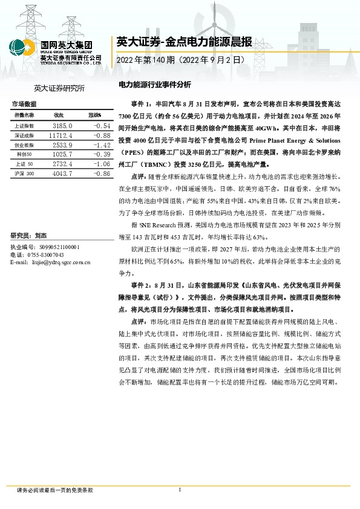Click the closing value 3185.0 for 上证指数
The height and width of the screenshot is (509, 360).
tap(62, 125)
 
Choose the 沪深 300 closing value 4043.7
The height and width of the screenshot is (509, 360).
tap(62, 173)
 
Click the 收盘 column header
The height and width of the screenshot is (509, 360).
tap(59, 115)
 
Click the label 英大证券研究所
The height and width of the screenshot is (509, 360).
tap(59, 88)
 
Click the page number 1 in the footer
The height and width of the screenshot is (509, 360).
tap(180, 490)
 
